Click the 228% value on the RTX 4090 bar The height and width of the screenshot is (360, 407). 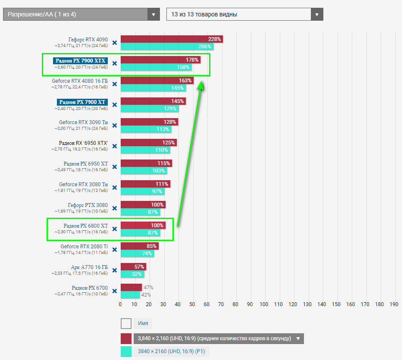pos(214,39)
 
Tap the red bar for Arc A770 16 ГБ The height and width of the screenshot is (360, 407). pos(133,267)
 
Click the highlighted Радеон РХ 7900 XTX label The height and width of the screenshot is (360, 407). pos(81,61)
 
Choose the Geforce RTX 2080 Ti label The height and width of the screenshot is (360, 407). pos(84,247)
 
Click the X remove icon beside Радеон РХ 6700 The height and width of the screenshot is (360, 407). pos(115,291)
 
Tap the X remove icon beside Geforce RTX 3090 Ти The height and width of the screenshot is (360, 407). pos(115,125)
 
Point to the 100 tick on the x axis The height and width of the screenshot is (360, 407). pos(264,304)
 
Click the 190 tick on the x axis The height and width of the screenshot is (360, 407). pos(394,304)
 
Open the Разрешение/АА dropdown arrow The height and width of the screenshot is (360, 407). pos(153,14)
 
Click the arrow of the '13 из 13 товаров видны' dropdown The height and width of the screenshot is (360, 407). pos(317,14)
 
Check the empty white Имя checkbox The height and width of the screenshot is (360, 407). pos(126,323)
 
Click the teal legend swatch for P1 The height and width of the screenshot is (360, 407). pos(126,351)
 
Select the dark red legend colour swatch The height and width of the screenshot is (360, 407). pos(126,338)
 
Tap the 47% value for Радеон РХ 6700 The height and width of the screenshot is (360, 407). pos(148,288)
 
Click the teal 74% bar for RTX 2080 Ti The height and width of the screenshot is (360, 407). pos(137,254)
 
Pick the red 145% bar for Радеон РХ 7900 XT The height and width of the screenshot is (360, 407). pos(153,101)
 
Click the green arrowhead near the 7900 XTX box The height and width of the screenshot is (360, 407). pos(201,86)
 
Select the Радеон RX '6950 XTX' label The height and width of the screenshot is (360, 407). pos(83,143)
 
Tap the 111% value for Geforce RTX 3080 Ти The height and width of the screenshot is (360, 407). pos(162,184)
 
